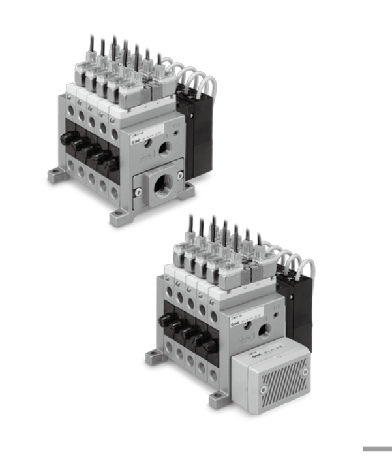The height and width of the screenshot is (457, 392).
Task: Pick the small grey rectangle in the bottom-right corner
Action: [x=376, y=449]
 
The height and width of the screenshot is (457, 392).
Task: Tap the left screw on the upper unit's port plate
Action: [x=138, y=192]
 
